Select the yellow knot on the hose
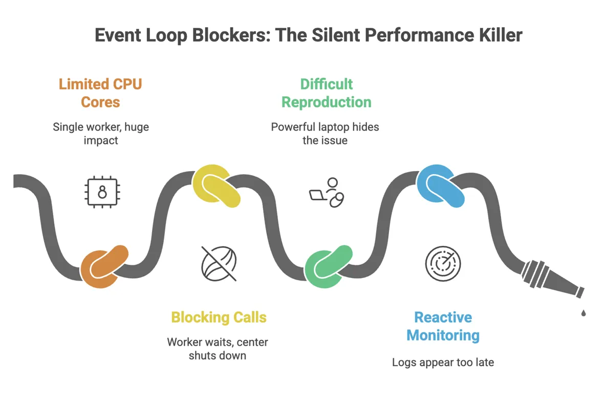tap(217, 188)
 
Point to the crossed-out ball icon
tap(219, 264)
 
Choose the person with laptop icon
tap(327, 193)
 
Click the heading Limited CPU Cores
tap(100, 93)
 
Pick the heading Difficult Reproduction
tap(327, 93)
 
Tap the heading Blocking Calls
tap(219, 317)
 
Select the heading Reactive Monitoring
tap(443, 326)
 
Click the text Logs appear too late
tap(443, 362)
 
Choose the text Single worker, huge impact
tap(101, 133)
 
